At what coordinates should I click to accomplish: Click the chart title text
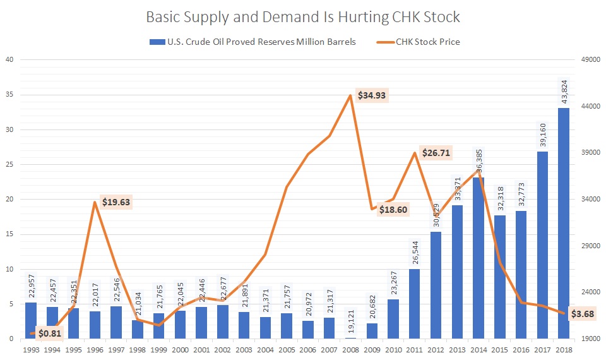coord(303,17)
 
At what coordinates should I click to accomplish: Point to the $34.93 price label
coord(372,96)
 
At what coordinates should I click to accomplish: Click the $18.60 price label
coord(393,209)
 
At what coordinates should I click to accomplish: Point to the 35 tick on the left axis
coord(9,95)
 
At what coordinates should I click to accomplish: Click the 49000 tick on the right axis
coord(588,60)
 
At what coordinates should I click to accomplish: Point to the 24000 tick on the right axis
coord(588,292)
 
